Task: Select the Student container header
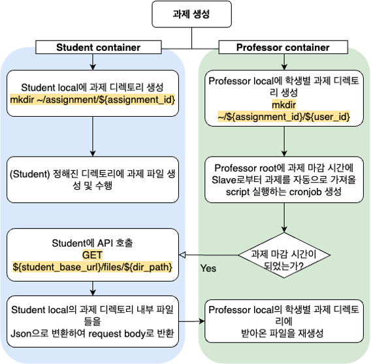(98, 47)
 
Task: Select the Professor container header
(283, 47)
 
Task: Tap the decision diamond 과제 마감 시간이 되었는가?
(283, 255)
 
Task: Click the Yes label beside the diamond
(209, 267)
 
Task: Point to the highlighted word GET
(92, 255)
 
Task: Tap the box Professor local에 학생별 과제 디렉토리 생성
(283, 98)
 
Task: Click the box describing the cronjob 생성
(283, 178)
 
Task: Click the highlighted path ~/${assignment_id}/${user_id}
(283, 115)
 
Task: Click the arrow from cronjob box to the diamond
(283, 215)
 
